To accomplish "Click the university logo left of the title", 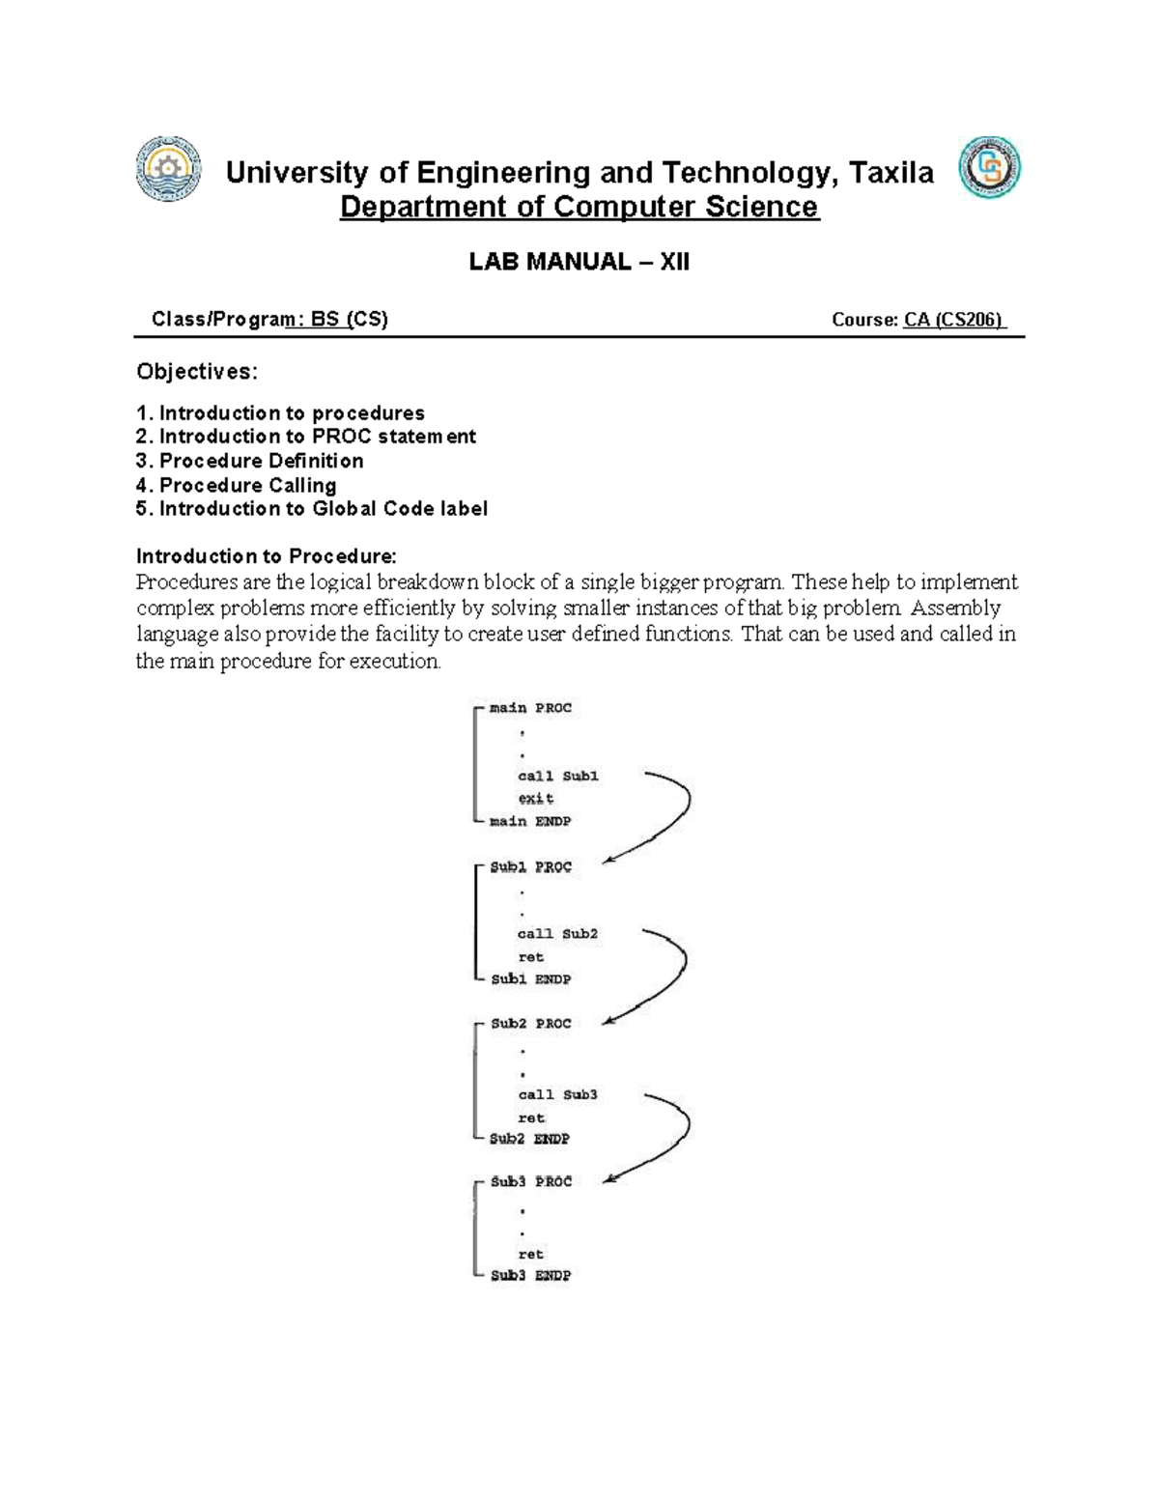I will [169, 169].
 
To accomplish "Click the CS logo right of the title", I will [989, 168].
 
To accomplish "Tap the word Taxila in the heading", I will [891, 173].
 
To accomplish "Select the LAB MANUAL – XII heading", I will [579, 262].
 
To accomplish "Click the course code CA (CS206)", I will [954, 320].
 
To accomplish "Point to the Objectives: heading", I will [197, 372].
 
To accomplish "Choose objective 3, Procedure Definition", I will [250, 461].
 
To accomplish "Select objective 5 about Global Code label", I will [311, 509].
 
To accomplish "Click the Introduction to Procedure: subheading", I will [266, 556].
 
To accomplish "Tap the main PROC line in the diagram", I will [530, 708].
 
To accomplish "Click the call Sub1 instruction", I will [558, 776].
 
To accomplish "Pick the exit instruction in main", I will [536, 799].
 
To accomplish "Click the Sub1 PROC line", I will [530, 867].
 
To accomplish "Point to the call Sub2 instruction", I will [557, 934].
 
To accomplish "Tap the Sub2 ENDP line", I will [529, 1139].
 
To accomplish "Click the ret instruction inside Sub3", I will [531, 1255].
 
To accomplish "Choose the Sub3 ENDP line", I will [530, 1276].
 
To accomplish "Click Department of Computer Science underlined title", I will [579, 207].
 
